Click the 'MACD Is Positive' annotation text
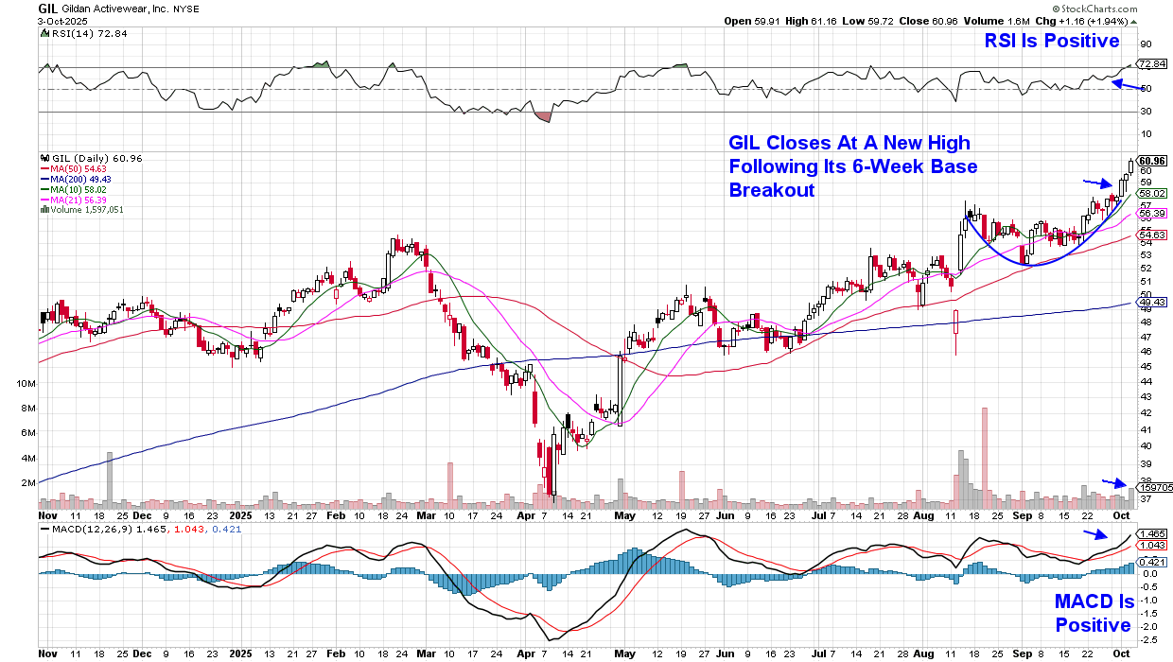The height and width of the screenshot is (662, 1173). click(1093, 614)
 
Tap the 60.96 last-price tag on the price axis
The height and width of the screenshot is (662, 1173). click(1151, 160)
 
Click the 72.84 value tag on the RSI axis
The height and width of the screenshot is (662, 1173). click(1151, 64)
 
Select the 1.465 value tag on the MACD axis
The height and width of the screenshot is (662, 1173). click(1150, 534)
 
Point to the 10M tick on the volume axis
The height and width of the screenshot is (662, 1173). click(26, 383)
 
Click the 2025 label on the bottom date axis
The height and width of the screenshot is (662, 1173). click(241, 516)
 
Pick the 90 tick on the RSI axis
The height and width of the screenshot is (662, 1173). click(1145, 44)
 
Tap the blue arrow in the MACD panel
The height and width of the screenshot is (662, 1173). click(1097, 534)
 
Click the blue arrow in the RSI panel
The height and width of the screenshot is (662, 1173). click(1125, 84)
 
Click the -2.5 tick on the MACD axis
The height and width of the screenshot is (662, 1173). click(1148, 639)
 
